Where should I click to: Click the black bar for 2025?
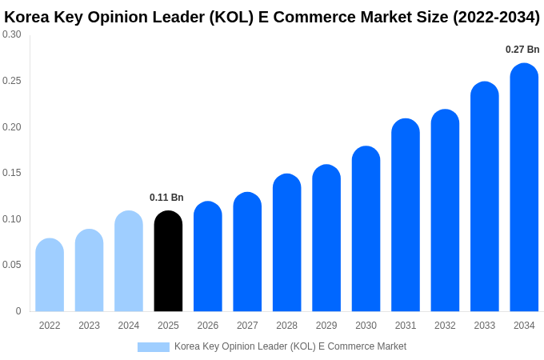click(x=168, y=262)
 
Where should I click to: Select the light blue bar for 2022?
click(x=50, y=275)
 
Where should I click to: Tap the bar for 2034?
click(x=524, y=187)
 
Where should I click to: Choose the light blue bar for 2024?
click(x=129, y=262)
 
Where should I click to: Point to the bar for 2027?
click(x=247, y=252)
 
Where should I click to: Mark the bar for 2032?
click(x=445, y=210)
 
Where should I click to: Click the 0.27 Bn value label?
click(x=522, y=50)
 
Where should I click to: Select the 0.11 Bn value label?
click(x=166, y=198)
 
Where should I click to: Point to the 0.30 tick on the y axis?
click(x=12, y=34)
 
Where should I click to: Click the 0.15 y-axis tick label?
click(x=12, y=173)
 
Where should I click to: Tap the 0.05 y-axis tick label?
click(x=12, y=265)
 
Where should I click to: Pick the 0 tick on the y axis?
click(x=18, y=311)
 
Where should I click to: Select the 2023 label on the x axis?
click(x=89, y=326)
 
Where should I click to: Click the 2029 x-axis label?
click(x=326, y=326)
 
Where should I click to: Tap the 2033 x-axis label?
click(x=485, y=326)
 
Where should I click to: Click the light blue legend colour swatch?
click(x=154, y=347)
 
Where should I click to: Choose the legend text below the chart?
click(x=290, y=346)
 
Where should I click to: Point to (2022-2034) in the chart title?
click(x=496, y=17)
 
